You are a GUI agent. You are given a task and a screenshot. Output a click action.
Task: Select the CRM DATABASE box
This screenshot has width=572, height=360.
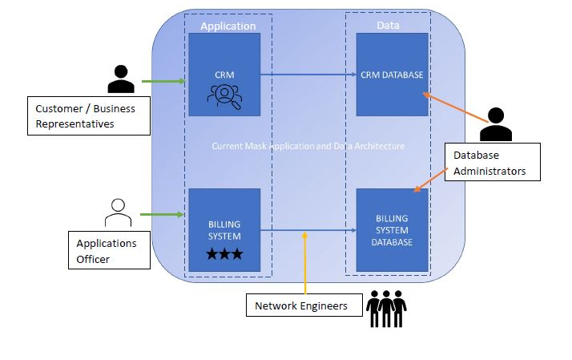coord(392,75)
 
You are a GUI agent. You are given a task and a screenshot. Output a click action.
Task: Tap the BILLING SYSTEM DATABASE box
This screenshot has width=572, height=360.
coord(392,230)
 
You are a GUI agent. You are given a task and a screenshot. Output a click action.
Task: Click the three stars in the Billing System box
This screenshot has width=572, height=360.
coord(224,255)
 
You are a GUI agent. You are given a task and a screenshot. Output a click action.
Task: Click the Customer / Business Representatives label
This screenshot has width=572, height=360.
coord(88,115)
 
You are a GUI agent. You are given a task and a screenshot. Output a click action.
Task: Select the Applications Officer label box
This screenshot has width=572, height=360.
coord(107,249)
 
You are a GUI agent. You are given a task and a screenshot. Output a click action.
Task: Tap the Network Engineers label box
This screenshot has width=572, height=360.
coord(302,305)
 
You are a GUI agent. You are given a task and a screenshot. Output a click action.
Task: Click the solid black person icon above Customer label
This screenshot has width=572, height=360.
coord(120,79)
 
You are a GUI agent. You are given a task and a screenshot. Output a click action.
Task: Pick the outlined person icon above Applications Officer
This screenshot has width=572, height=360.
coord(118,212)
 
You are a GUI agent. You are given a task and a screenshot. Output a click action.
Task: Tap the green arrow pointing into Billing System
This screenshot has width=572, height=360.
coord(163,215)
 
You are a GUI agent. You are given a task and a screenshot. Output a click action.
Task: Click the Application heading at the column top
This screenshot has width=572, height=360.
coord(228,26)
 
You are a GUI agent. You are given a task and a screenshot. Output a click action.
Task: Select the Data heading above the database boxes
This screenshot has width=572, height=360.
coord(388,26)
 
